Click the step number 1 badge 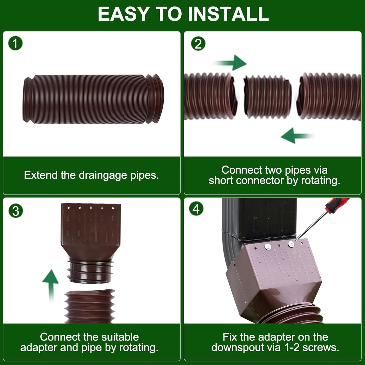(x=15, y=43)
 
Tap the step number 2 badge (x=198, y=44)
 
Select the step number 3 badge (x=16, y=211)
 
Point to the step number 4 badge (x=196, y=209)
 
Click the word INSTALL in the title (x=228, y=14)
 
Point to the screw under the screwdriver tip (x=291, y=244)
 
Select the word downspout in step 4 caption (x=246, y=348)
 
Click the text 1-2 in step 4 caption (x=292, y=348)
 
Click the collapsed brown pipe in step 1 (x=93, y=99)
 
